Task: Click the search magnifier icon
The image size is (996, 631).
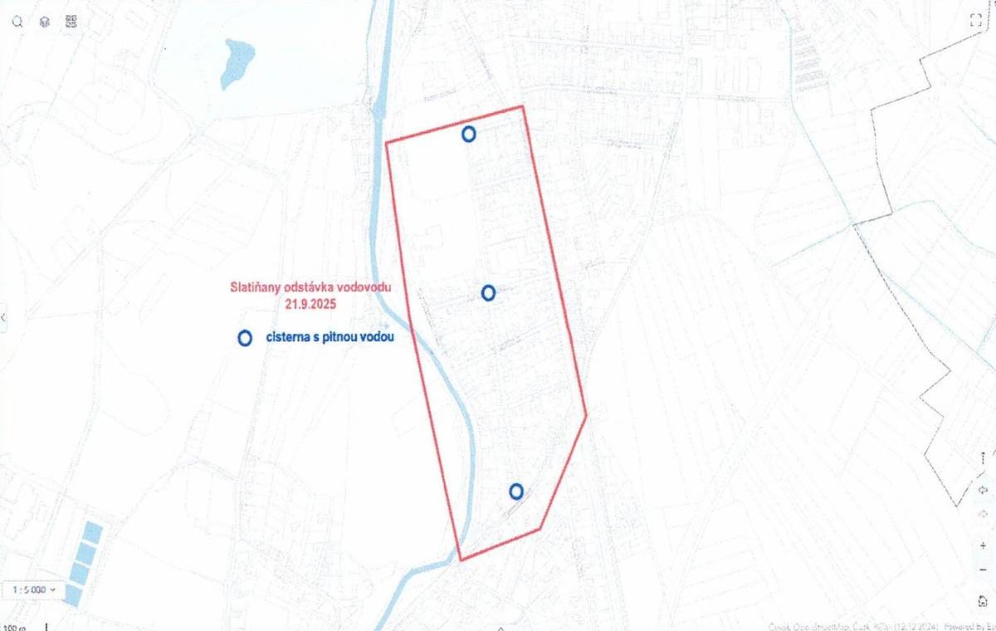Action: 17,22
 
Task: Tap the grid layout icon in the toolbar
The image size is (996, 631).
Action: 71,22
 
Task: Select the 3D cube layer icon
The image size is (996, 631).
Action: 44,22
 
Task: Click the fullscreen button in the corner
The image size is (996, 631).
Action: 975,22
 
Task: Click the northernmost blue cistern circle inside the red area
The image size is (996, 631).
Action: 469,133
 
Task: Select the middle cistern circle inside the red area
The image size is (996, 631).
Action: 488,292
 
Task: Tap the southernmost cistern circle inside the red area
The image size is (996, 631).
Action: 516,491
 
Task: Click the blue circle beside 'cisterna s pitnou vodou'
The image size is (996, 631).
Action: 244,338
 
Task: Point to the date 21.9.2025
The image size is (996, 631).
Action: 311,304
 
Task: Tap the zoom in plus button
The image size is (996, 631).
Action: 982,545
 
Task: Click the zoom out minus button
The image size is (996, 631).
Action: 982,570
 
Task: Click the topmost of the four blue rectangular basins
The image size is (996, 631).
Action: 91,532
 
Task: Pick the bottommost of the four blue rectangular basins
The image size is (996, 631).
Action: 73,594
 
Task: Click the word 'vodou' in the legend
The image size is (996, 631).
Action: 374,338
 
